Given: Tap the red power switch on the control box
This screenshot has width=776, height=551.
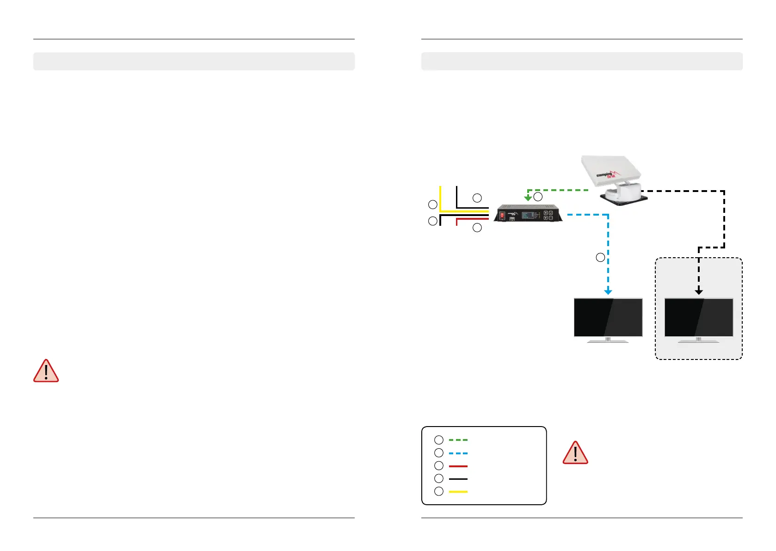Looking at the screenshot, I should tap(502, 215).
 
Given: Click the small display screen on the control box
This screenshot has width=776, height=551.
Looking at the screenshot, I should tap(528, 215).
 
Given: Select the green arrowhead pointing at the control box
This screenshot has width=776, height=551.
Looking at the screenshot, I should tap(528, 198).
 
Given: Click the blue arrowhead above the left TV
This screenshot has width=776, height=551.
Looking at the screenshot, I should tap(608, 291).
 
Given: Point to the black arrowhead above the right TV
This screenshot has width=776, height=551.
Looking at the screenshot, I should tap(699, 291).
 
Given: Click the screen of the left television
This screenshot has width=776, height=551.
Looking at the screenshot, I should tap(608, 317).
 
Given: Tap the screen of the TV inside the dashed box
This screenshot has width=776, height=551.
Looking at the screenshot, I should tap(699, 317).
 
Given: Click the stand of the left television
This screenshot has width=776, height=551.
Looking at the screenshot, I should tap(608, 341).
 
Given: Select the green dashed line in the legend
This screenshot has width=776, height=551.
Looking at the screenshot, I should tap(458, 440).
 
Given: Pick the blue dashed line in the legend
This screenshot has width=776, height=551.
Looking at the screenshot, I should tap(458, 453).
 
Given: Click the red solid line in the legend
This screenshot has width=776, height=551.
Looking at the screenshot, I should tap(458, 466).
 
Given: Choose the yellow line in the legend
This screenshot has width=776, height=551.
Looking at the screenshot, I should tap(458, 491).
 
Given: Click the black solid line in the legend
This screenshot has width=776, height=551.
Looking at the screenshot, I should tap(458, 478).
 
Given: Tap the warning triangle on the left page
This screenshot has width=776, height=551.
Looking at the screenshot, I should tap(46, 371).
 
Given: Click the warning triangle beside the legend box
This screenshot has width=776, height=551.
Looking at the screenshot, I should tap(575, 453).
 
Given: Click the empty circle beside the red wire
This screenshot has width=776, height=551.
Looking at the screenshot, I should tap(477, 228).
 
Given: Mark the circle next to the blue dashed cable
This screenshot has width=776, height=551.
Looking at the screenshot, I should tap(600, 257).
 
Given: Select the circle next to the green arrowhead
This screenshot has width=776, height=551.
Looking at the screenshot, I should tap(538, 197).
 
